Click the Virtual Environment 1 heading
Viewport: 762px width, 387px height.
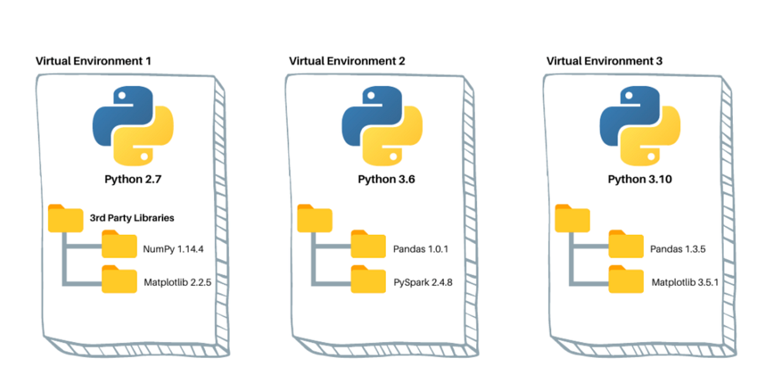click(93, 61)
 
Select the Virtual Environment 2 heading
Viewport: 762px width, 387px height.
click(347, 61)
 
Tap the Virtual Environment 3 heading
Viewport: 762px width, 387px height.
click(605, 61)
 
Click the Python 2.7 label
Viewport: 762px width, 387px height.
click(133, 179)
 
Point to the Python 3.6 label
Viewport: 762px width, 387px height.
click(387, 179)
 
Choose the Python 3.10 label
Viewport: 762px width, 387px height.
click(640, 179)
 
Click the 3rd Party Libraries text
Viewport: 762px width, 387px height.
click(132, 218)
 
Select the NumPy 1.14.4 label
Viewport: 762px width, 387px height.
click(173, 249)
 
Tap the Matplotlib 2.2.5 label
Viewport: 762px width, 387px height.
click(178, 283)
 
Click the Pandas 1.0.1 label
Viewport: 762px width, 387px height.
click(421, 249)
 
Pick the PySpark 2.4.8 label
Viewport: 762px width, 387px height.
click(423, 283)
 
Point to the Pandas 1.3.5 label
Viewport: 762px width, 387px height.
click(678, 249)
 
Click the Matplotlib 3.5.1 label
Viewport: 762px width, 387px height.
click(685, 283)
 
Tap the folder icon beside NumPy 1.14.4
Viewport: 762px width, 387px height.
click(119, 244)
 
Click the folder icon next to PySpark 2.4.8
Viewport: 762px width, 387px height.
click(368, 279)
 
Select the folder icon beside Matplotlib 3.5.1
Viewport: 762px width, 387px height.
click(626, 279)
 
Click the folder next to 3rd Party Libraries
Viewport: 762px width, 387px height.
click(65, 219)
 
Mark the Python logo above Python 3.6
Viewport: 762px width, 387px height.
click(382, 126)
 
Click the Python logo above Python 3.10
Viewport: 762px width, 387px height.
click(640, 126)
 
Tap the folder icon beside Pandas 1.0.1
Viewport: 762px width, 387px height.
click(368, 244)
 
